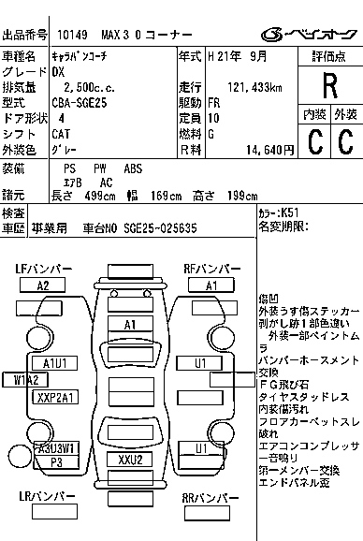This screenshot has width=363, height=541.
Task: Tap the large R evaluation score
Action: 328,88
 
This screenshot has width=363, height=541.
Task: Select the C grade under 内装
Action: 315,142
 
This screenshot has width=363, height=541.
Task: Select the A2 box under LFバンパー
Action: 43,285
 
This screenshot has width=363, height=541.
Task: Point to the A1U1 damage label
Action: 54,363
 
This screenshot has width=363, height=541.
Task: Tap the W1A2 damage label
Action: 25,379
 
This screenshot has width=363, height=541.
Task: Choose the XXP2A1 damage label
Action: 55,397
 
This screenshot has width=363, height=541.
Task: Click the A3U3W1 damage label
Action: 55,448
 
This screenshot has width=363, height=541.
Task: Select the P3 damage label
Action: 56,462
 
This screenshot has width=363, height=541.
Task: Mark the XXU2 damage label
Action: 131,460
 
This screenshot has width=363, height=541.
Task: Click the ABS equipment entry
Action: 134,168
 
